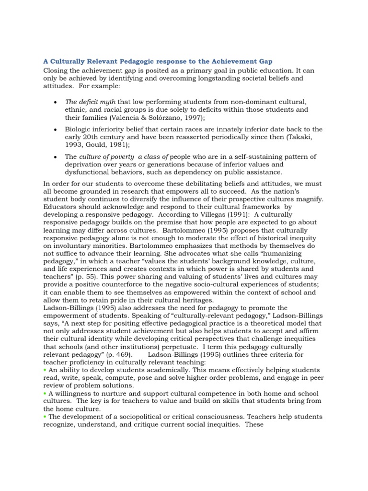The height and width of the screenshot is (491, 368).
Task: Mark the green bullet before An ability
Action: [x=45, y=370]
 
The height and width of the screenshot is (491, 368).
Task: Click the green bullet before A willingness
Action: [x=45, y=393]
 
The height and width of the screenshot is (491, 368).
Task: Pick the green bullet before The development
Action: [x=45, y=416]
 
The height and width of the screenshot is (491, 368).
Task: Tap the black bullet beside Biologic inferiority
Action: [x=57, y=130]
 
